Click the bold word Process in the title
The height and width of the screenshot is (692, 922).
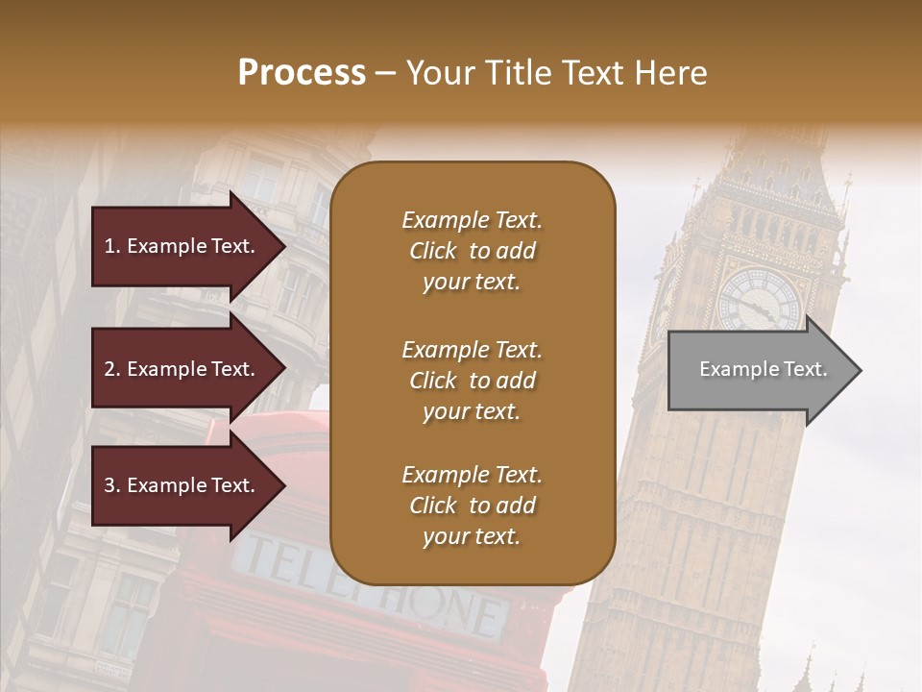click(x=302, y=73)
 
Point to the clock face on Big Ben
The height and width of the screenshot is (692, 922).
click(x=759, y=301)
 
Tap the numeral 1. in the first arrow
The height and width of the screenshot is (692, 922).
click(x=112, y=246)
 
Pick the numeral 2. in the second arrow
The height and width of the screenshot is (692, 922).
click(x=112, y=369)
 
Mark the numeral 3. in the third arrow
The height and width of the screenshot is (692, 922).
click(x=112, y=485)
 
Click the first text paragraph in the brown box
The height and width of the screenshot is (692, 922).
click(x=472, y=251)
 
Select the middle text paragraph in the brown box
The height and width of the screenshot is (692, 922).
click(x=472, y=381)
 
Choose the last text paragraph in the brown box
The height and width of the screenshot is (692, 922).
click(x=472, y=506)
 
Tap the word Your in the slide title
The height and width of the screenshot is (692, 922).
click(x=440, y=73)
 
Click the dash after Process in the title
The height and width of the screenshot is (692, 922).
click(x=386, y=73)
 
